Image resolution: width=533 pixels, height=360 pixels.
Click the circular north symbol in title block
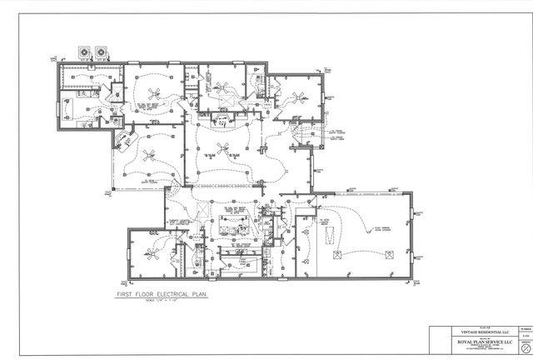pos(524,349)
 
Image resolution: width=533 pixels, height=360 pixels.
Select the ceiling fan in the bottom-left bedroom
pos(151,251)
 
